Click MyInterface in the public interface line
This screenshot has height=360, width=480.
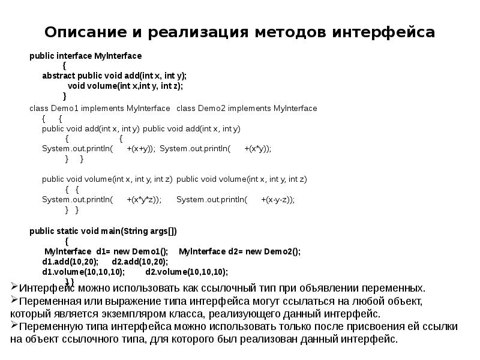click(x=118, y=56)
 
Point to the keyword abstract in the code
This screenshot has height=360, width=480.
click(x=58, y=76)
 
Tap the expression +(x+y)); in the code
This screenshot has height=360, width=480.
click(x=142, y=149)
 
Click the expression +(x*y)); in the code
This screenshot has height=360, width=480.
click(x=258, y=149)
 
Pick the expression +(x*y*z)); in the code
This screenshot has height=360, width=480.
click(x=144, y=200)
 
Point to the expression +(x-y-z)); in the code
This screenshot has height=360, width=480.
click(x=278, y=200)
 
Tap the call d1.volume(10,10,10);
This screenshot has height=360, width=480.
click(x=83, y=271)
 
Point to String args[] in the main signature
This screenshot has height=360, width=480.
click(x=149, y=231)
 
